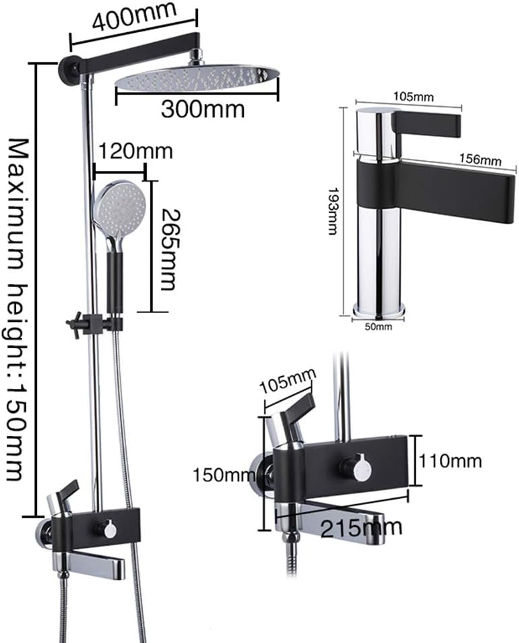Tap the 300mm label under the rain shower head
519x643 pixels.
(203, 107)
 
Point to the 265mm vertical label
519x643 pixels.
(168, 249)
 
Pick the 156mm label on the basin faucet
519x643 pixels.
(480, 160)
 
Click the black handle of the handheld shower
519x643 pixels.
(116, 282)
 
